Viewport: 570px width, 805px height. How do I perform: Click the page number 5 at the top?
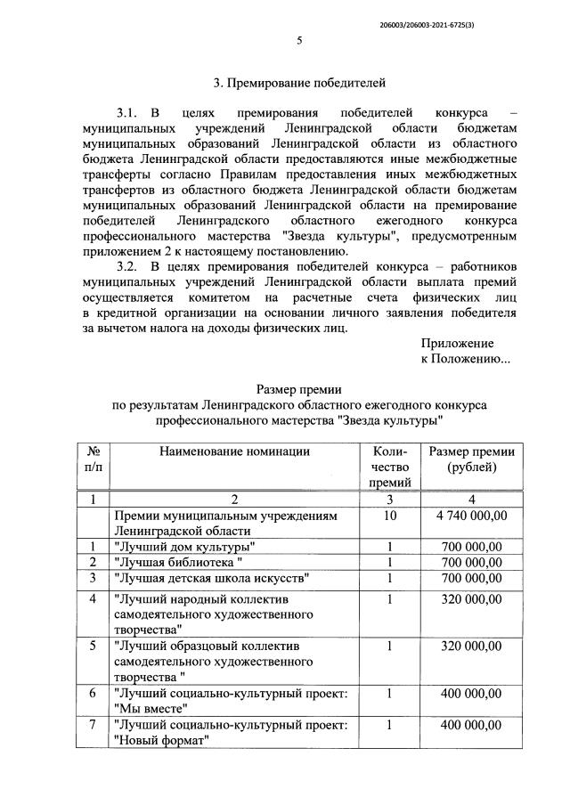pos(299,39)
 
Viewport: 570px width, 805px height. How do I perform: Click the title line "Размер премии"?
pos(299,389)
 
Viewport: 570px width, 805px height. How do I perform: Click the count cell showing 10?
pos(390,516)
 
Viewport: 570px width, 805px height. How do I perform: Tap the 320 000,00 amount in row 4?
pos(472,599)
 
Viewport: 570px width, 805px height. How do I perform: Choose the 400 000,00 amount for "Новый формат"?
pos(472,725)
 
